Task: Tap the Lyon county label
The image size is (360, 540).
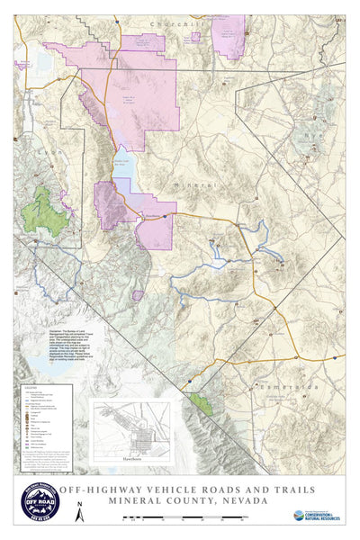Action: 55,153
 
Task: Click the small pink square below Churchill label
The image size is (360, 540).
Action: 195,38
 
